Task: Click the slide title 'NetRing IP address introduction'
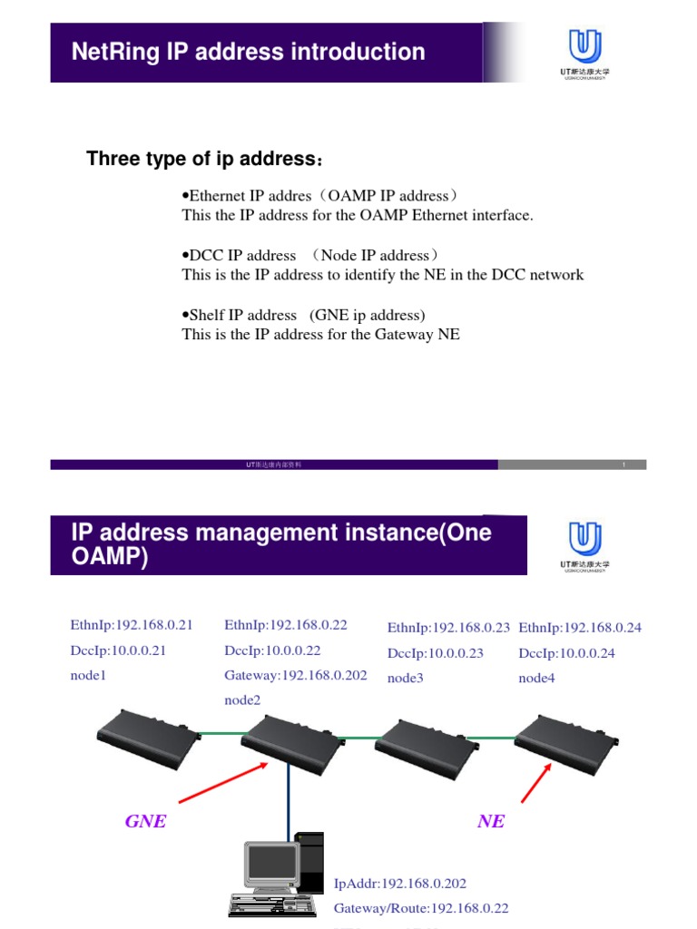click(248, 52)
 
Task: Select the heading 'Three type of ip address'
click(203, 161)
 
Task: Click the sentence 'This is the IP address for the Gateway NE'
click(320, 335)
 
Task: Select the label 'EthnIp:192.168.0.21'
click(132, 625)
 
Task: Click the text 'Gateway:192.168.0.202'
click(295, 676)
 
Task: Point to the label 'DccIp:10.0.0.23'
click(435, 653)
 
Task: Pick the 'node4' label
click(536, 678)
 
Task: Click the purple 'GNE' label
click(145, 822)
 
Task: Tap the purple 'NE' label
click(490, 822)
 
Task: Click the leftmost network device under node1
click(147, 735)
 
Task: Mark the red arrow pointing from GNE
click(222, 783)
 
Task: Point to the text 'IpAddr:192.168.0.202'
click(400, 883)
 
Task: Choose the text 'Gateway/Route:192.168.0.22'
click(421, 908)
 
